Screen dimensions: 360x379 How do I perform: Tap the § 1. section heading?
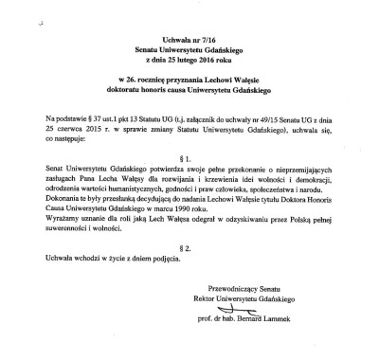[190, 165]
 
